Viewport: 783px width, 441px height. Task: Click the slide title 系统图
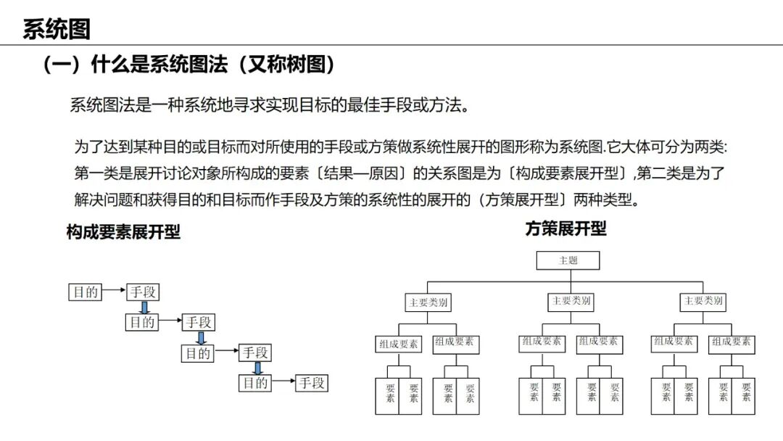[57, 29]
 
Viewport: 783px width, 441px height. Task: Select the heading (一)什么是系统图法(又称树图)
[189, 65]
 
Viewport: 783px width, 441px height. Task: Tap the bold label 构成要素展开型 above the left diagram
[123, 232]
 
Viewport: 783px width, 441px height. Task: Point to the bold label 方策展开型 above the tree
[565, 229]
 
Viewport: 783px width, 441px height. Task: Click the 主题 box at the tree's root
[568, 260]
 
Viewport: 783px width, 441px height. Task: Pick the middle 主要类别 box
[571, 301]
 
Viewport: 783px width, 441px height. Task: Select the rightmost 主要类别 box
[703, 301]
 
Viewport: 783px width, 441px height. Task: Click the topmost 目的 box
[84, 292]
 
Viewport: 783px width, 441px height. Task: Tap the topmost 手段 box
[143, 292]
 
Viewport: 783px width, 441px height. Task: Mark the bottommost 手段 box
[312, 384]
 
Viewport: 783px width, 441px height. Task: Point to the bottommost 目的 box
[255, 384]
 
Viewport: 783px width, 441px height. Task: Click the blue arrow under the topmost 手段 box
[144, 307]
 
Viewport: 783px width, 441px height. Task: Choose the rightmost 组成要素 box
[731, 342]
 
